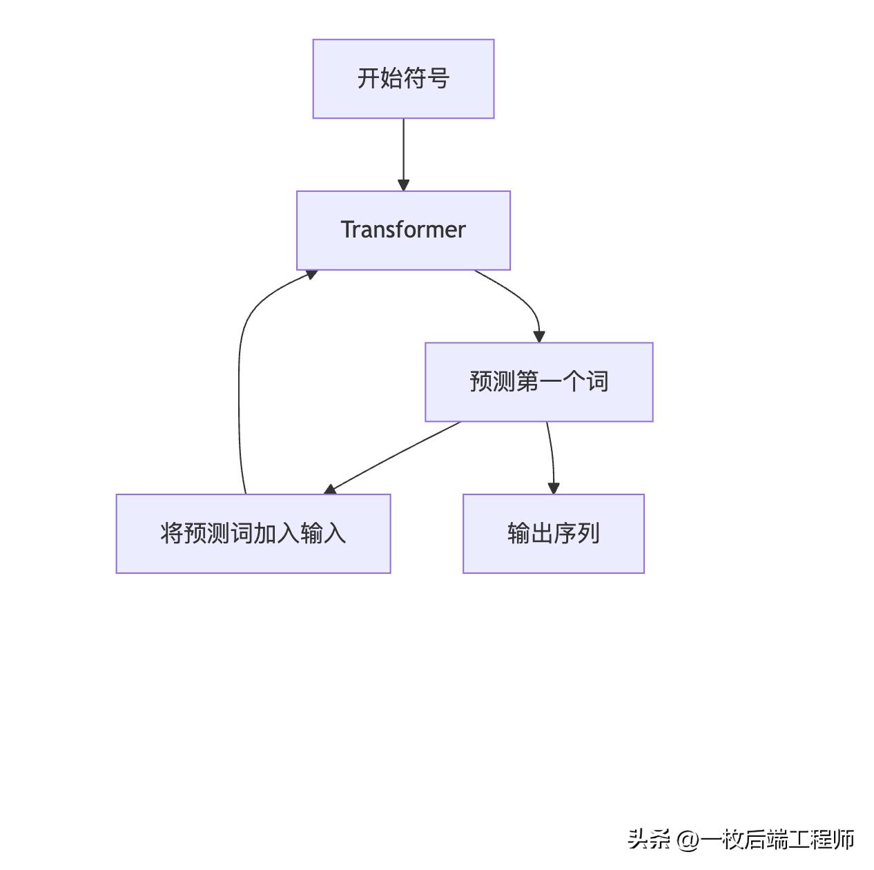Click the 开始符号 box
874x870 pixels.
click(403, 79)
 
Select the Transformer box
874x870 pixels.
click(403, 230)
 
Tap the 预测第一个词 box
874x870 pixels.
click(538, 382)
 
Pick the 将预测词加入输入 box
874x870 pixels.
click(253, 533)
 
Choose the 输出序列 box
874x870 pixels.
click(553, 533)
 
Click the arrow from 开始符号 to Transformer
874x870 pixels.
click(403, 152)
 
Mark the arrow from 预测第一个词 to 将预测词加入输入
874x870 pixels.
click(394, 456)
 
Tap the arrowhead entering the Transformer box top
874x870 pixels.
click(403, 185)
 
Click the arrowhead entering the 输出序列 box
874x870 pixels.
click(553, 488)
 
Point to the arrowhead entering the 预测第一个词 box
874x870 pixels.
click(539, 337)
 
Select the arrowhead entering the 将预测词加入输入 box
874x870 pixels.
click(330, 490)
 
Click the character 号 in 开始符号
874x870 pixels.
click(438, 79)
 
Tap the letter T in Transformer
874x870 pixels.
click(348, 230)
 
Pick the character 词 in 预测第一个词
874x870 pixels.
click(597, 382)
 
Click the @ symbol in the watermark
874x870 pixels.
click(688, 840)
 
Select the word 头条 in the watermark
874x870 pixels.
click(648, 840)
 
